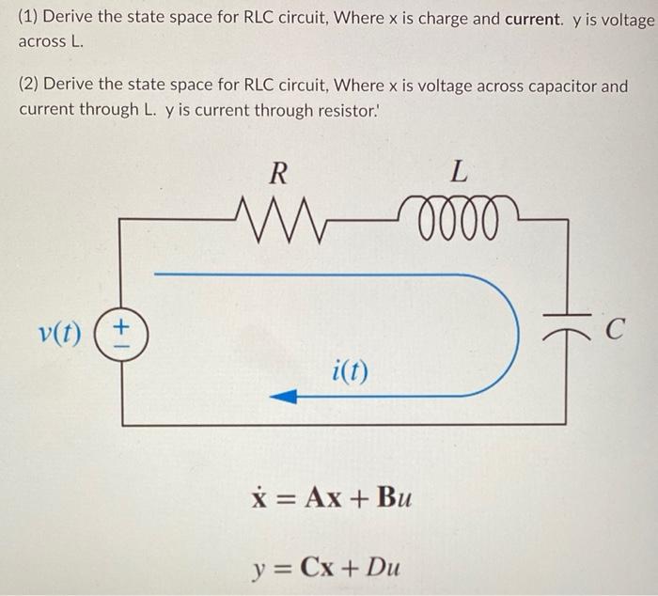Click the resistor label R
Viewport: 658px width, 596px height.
[x=277, y=172]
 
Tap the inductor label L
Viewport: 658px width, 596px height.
[x=458, y=172]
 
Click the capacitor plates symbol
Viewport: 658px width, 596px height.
[x=565, y=321]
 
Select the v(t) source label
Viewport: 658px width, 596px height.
[x=60, y=334]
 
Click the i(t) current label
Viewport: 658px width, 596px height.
[x=350, y=370]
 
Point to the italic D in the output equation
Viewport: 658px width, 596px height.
[x=372, y=567]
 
